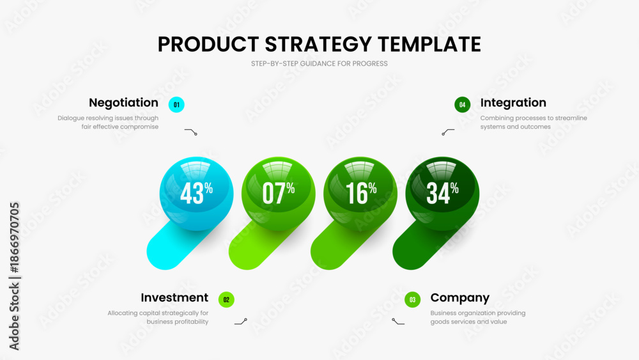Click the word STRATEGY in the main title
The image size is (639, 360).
318,44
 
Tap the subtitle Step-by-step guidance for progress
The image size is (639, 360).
319,63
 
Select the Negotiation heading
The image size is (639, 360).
123,103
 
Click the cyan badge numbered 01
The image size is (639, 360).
176,105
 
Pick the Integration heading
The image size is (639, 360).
513,103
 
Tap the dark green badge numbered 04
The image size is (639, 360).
463,105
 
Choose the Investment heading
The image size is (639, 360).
174,297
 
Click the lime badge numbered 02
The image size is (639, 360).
226,300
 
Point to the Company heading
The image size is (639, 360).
459,298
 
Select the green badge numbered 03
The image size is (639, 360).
412,300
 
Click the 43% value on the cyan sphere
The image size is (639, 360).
196,193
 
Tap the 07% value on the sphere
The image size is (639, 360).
279,193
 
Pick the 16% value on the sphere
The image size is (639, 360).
361,193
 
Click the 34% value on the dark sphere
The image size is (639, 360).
443,193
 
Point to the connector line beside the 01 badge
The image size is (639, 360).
190,132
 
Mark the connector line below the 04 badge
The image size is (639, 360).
448,132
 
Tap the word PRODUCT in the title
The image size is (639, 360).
208,44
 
